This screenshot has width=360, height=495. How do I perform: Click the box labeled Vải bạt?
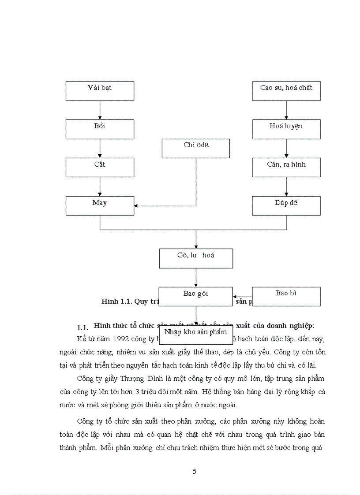click(100, 91)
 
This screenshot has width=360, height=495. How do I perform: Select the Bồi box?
click(100, 129)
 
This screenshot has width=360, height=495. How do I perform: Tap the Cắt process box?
click(100, 167)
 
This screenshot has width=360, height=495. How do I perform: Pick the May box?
click(100, 206)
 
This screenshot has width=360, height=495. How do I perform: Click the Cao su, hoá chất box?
click(286, 91)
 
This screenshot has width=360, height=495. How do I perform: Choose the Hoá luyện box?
click(286, 129)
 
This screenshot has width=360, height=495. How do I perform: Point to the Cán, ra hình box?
click(286, 167)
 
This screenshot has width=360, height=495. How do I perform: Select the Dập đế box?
click(286, 206)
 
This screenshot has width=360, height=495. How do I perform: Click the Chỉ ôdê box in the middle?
click(195, 148)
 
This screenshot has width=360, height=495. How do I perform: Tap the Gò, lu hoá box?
click(196, 258)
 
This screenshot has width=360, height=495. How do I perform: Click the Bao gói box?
click(195, 296)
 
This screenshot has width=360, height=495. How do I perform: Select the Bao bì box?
click(286, 296)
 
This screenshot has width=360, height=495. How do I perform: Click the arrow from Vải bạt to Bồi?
click(100, 110)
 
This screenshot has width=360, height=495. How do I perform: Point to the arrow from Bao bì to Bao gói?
click(242, 297)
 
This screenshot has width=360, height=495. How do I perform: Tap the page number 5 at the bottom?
click(195, 472)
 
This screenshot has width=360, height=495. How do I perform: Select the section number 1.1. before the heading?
click(83, 328)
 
